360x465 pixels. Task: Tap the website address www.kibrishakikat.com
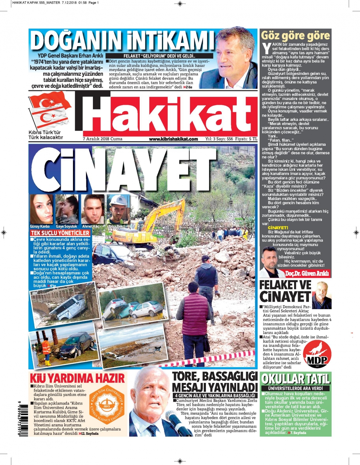pos(173,139)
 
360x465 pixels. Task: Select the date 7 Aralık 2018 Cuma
pos(103,139)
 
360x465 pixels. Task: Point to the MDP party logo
pos(317,354)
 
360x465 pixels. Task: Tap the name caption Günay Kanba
pos(40,226)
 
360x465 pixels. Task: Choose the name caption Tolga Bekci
pos(117,226)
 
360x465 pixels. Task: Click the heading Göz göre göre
pos(295,35)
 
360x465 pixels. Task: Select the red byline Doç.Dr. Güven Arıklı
pos(307,274)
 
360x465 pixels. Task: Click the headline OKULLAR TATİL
pos(295,379)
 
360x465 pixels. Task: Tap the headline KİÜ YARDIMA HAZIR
pos(77,378)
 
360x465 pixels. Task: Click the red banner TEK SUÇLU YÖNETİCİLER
pos(60,233)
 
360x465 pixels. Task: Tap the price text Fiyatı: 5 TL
pos(246,139)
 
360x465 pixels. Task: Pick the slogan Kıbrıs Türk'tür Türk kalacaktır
pos(46,135)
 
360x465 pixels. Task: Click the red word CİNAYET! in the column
pos(278,228)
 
